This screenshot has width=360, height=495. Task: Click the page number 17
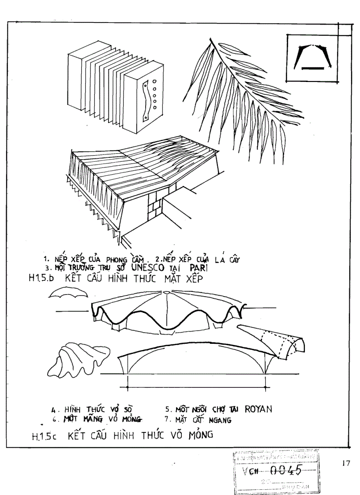pyautogui.click(x=345, y=463)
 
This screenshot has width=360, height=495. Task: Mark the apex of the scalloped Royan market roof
pyautogui.click(x=166, y=292)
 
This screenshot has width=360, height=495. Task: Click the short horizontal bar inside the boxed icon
pyautogui.click(x=313, y=68)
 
